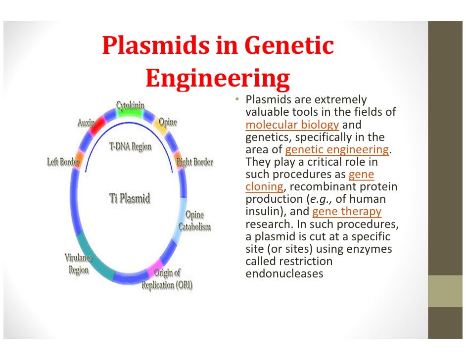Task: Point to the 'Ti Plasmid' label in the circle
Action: pos(129,199)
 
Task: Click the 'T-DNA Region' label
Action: pos(130,147)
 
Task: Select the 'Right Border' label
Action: pos(195,162)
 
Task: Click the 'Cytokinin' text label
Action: pos(131,104)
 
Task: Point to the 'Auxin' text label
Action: pos(86,122)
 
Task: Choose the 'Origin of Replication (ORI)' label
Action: pos(167,279)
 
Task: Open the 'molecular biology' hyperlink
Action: pos(292,125)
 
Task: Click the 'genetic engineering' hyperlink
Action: pos(337,150)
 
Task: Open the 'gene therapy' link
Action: pos(347,212)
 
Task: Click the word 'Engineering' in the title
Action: pos(218,78)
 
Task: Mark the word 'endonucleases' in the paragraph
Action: pos(284,273)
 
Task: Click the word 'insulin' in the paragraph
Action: pos(265,212)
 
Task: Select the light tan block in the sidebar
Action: pos(447,291)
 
